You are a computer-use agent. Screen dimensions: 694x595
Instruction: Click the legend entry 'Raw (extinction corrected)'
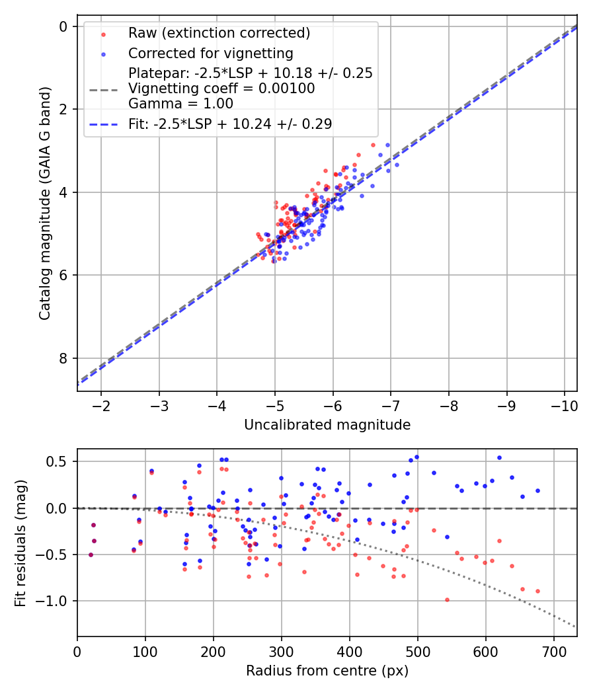219,33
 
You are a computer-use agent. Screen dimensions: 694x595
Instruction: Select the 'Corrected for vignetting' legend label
211,53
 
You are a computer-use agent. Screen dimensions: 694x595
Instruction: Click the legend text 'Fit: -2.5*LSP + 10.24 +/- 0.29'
230,124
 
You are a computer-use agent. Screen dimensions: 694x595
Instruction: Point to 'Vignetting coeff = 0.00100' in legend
221,88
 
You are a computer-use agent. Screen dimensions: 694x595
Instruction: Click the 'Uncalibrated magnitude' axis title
327,425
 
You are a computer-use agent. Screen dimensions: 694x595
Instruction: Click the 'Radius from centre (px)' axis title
327,671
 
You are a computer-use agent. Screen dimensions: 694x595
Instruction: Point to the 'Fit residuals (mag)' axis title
20,543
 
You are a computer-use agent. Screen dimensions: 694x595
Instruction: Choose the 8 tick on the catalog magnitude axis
64,358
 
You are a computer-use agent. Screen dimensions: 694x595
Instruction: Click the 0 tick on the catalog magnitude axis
64,26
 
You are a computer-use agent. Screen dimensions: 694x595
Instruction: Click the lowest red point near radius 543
447,599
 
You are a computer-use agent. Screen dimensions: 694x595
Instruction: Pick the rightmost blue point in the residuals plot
537,490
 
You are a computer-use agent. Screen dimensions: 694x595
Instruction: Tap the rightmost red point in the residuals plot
537,591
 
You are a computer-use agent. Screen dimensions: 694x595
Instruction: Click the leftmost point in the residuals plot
91,555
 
